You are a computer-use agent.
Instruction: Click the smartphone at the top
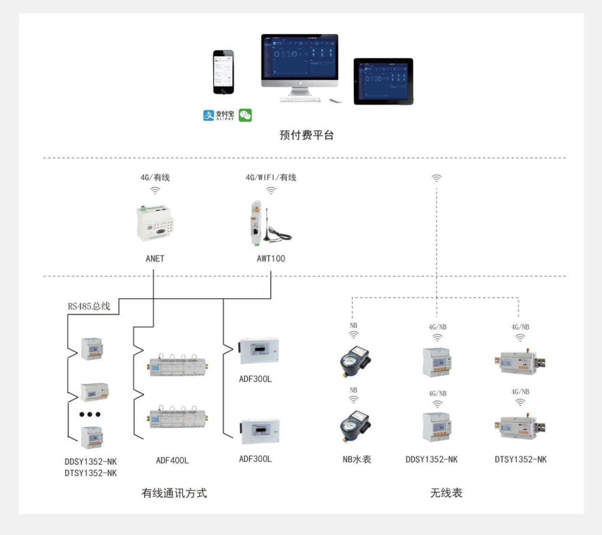pyautogui.click(x=223, y=72)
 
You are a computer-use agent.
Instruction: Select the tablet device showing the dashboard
pyautogui.click(x=383, y=81)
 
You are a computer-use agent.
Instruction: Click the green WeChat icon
pyautogui.click(x=245, y=115)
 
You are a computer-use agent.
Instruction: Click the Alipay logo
pyautogui.click(x=219, y=115)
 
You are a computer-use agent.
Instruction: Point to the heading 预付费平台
pyautogui.click(x=306, y=135)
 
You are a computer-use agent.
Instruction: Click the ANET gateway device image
pyautogui.click(x=155, y=223)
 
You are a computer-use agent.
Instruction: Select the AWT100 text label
pyautogui.click(x=271, y=258)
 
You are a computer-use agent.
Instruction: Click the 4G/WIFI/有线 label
pyautogui.click(x=271, y=177)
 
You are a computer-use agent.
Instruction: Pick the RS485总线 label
pyautogui.click(x=89, y=306)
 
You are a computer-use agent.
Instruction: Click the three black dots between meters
pyautogui.click(x=90, y=414)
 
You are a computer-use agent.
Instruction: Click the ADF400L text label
pyautogui.click(x=172, y=461)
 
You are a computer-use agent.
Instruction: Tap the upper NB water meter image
pyautogui.click(x=355, y=360)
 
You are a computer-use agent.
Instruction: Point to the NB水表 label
pyautogui.click(x=357, y=459)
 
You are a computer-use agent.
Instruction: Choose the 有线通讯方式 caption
pyautogui.click(x=174, y=493)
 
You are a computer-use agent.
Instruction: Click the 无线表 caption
pyautogui.click(x=446, y=493)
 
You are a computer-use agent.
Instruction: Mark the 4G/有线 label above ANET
pyautogui.click(x=155, y=177)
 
